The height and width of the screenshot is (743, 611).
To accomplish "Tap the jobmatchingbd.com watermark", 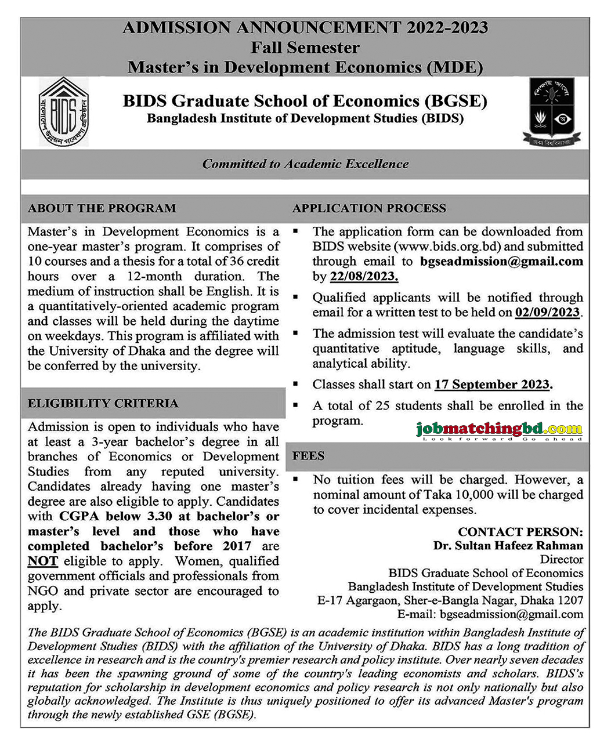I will pyautogui.click(x=499, y=430).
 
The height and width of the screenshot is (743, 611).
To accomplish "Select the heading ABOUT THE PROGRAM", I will pyautogui.click(x=102, y=208).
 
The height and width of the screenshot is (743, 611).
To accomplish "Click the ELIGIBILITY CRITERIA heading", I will pyautogui.click(x=103, y=403).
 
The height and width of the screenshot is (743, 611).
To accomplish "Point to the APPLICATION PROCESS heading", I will pyautogui.click(x=369, y=208).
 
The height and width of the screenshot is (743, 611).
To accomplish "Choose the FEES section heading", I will pyautogui.click(x=308, y=456).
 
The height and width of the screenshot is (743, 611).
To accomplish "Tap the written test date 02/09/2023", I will pyautogui.click(x=547, y=313).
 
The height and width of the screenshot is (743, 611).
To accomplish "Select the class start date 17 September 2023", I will pyautogui.click(x=493, y=385).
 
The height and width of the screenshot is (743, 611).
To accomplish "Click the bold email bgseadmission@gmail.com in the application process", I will pyautogui.click(x=501, y=262).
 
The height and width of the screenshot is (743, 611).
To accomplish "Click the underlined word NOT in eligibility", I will pyautogui.click(x=42, y=561).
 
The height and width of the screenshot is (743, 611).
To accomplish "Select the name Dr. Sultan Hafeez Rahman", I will pyautogui.click(x=508, y=545).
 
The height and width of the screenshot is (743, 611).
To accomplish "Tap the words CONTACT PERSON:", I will pyautogui.click(x=520, y=531).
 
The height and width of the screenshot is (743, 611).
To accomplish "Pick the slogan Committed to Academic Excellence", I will pyautogui.click(x=305, y=164).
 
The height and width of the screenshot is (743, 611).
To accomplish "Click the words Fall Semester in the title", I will pyautogui.click(x=305, y=48).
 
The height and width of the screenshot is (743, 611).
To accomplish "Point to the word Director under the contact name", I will pyautogui.click(x=561, y=560).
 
